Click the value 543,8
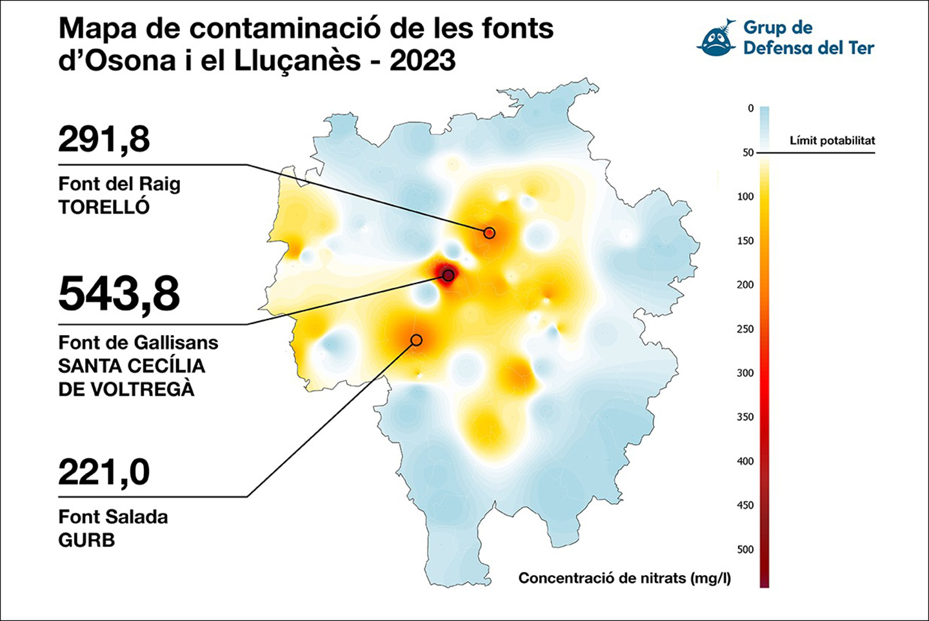[x=119, y=295]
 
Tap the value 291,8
[x=104, y=140]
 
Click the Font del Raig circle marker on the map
[x=490, y=233]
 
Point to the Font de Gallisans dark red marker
[x=448, y=275]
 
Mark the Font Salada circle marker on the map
[x=416, y=340]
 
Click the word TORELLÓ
[x=104, y=207]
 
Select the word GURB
[x=86, y=540]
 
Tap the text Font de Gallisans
[x=138, y=343]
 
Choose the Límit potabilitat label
[x=832, y=141]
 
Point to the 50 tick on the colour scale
[x=748, y=153]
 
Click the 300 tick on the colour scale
[x=745, y=373]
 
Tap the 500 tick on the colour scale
[x=745, y=549]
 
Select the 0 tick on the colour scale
[x=751, y=108]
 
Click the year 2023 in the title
[x=423, y=61]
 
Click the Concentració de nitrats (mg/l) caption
[x=624, y=578]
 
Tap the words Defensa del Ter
[x=809, y=48]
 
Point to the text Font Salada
[x=114, y=517]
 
